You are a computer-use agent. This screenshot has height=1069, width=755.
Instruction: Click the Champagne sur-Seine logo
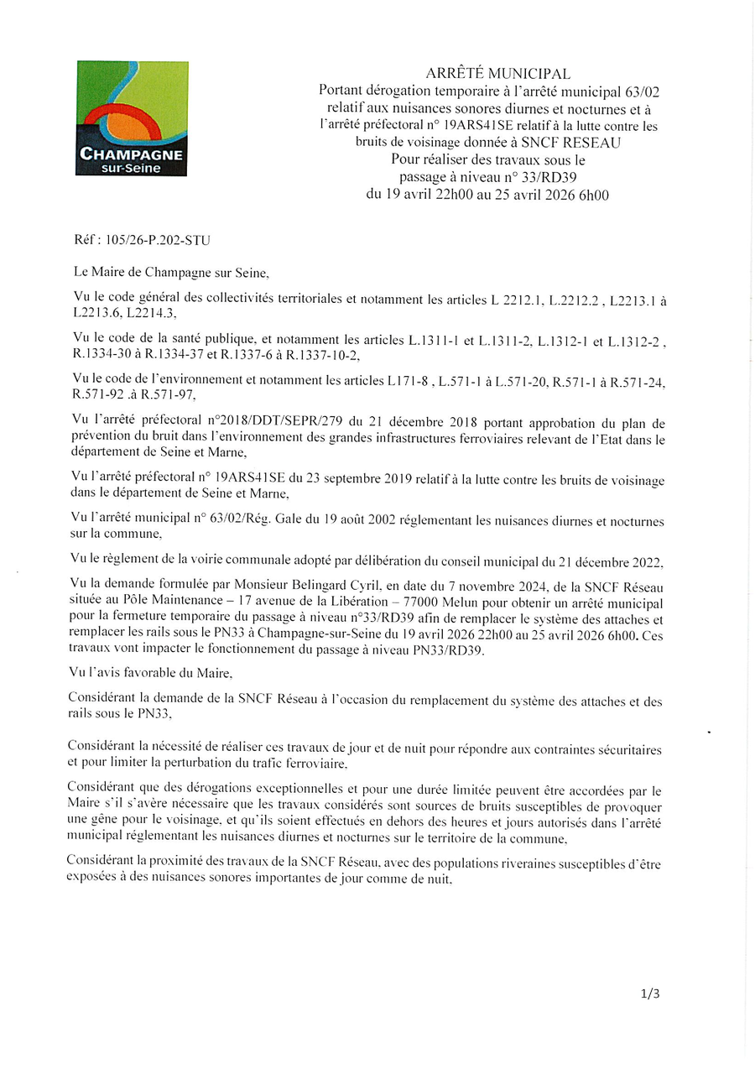pyautogui.click(x=131, y=118)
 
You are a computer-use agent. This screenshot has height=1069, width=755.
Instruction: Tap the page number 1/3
pyautogui.click(x=650, y=993)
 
